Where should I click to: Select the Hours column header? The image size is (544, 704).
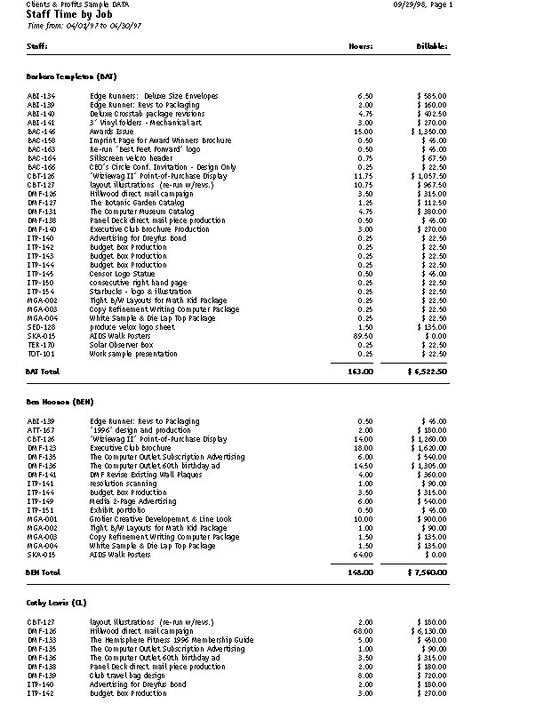(x=360, y=44)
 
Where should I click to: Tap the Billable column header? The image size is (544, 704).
(x=431, y=44)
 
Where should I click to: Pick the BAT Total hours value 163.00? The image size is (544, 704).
(x=360, y=370)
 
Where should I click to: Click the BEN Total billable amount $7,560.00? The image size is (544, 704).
(x=427, y=572)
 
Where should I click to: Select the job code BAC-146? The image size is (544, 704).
(x=42, y=132)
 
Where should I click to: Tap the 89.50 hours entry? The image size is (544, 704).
(x=363, y=335)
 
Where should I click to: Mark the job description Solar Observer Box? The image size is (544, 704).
(x=122, y=344)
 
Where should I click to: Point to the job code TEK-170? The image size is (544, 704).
(x=42, y=344)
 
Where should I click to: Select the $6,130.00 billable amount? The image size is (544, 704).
(x=429, y=631)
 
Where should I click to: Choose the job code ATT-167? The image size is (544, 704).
(x=42, y=430)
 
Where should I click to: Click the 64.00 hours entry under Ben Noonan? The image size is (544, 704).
(x=363, y=554)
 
